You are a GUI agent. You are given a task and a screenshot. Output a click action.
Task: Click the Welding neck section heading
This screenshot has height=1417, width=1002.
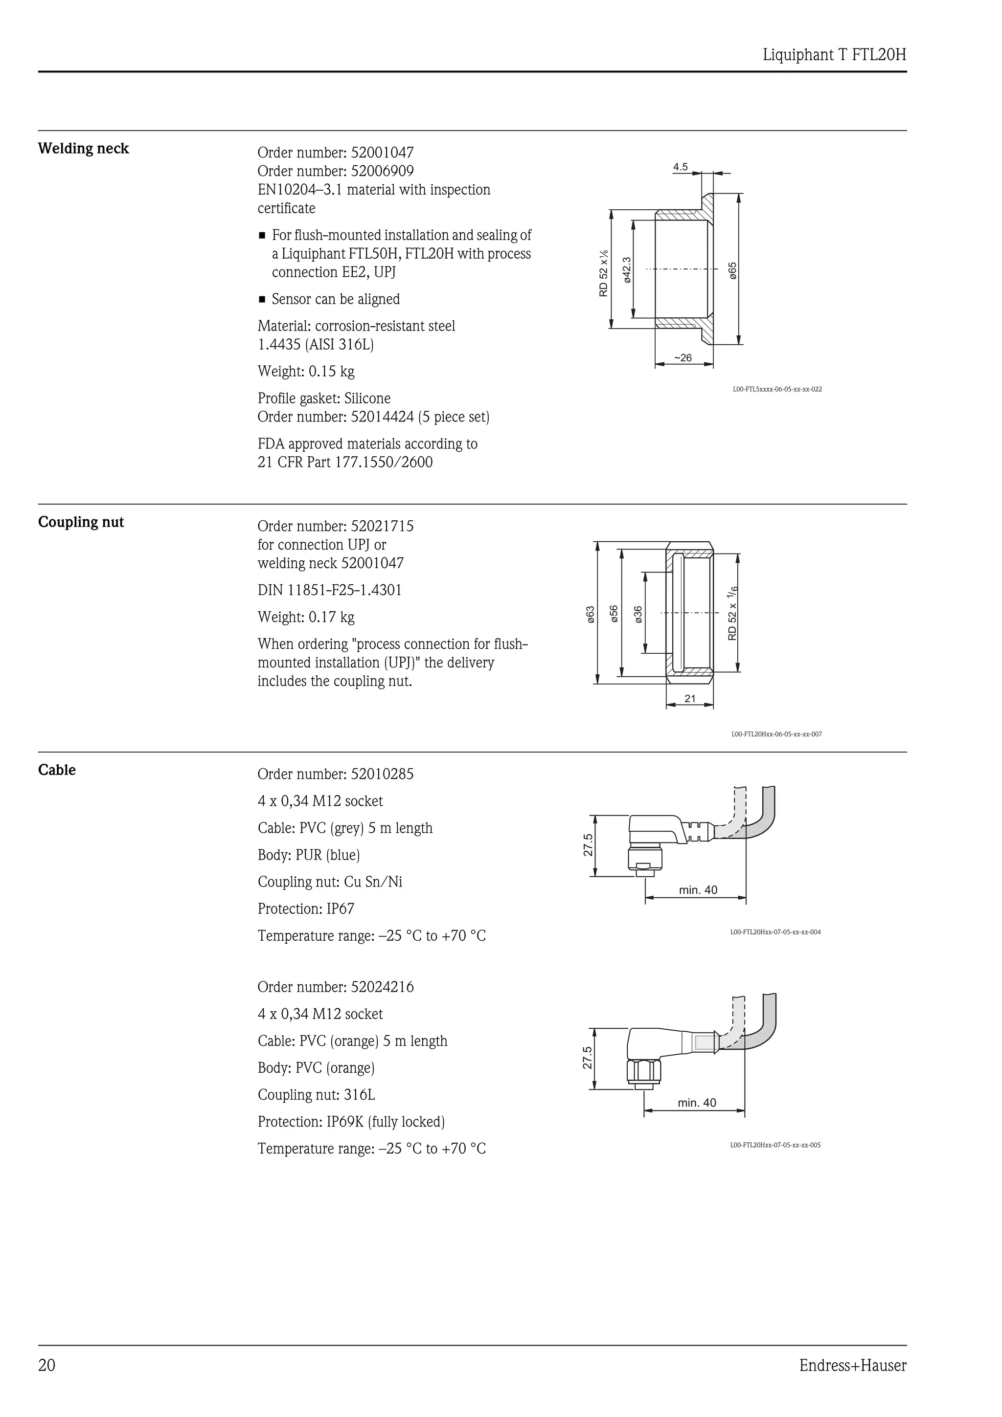click(x=83, y=149)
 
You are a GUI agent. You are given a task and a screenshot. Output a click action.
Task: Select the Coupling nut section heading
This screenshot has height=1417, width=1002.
click(x=81, y=522)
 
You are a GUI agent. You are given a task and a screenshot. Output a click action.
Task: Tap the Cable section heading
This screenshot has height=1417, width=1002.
click(x=57, y=770)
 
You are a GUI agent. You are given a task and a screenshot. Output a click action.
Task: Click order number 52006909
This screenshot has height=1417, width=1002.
click(x=335, y=171)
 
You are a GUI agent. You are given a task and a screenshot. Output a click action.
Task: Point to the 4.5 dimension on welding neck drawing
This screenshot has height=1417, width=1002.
click(x=681, y=167)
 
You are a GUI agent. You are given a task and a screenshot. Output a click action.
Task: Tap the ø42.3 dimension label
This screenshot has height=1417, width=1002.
click(x=627, y=270)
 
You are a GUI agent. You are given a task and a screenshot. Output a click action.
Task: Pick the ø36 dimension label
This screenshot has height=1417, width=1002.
click(x=638, y=614)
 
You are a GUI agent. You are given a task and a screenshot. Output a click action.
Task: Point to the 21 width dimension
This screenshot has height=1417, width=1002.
click(x=689, y=699)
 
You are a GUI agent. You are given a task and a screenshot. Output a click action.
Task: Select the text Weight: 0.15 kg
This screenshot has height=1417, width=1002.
click(x=306, y=372)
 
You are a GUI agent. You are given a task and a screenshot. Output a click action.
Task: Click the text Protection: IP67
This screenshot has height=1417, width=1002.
click(x=306, y=909)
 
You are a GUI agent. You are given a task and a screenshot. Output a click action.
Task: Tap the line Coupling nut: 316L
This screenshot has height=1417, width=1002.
click(x=316, y=1095)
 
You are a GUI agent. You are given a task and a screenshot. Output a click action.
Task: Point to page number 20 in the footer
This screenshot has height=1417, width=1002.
click(x=47, y=1366)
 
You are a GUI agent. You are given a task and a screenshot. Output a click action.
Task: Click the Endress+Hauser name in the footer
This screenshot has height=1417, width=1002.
click(x=853, y=1366)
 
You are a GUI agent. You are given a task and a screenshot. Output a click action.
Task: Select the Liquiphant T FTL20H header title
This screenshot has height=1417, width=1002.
click(x=834, y=55)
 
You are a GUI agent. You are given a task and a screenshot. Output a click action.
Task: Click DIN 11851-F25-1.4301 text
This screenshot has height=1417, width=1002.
click(x=329, y=591)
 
